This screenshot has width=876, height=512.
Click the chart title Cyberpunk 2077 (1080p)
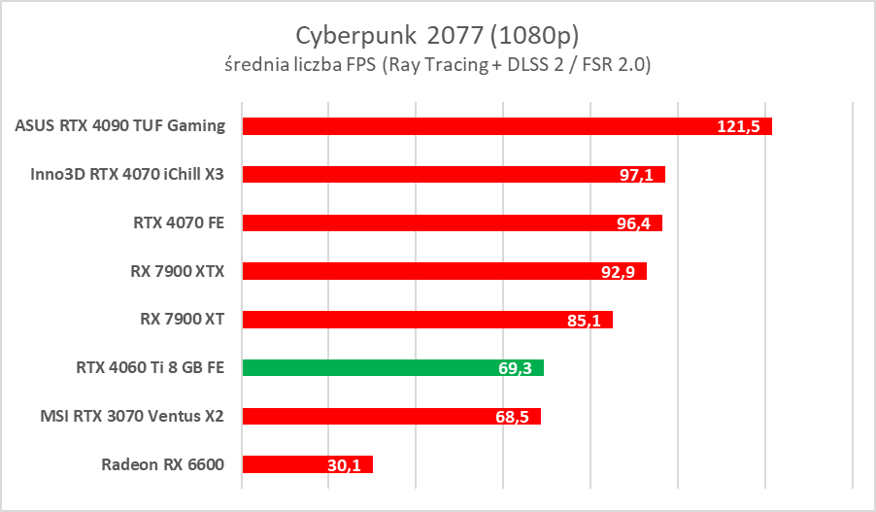437,35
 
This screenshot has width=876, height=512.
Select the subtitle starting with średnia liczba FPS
437,65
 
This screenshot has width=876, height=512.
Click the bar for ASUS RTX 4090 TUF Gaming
466,126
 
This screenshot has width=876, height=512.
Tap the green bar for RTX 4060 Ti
369,367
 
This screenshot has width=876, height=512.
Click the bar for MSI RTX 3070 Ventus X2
369,416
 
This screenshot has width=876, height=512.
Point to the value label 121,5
739,127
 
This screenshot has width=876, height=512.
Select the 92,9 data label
619,272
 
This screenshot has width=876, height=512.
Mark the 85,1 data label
586,320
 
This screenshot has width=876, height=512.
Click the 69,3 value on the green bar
516,368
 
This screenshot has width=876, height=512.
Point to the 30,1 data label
344,465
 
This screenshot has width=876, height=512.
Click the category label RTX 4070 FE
179,222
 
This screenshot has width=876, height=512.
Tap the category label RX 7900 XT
183,319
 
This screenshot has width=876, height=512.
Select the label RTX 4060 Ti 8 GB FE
150,367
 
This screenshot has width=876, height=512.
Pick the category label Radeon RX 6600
162,463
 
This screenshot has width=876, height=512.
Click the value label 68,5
513,417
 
